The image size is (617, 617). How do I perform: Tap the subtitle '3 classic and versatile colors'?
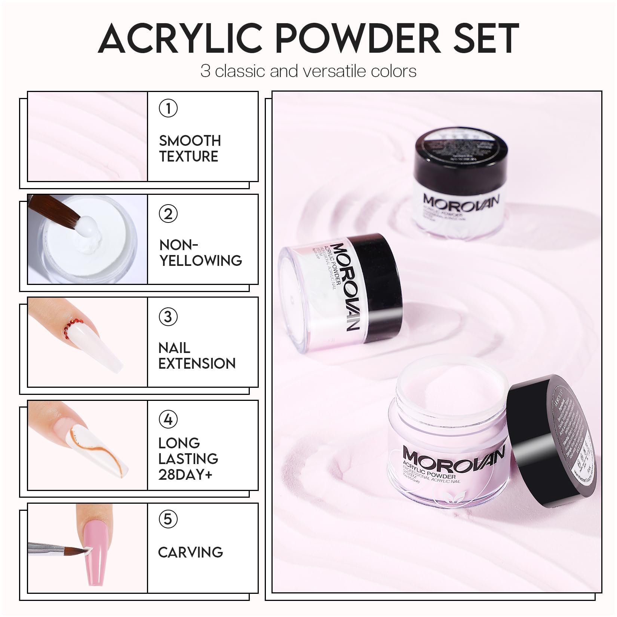coord(308,71)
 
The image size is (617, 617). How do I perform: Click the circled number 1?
coord(168,108)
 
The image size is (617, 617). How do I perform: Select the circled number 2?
coord(168,214)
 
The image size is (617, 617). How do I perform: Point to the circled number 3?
coord(168,317)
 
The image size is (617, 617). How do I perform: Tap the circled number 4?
coord(168,420)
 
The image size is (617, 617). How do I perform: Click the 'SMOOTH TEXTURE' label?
coord(190,148)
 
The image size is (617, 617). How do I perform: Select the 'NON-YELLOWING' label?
coord(200,253)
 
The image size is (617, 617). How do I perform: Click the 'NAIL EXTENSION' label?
coord(197,356)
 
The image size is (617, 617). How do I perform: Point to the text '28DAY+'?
coord(185,475)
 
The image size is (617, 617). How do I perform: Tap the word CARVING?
coord(190,552)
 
